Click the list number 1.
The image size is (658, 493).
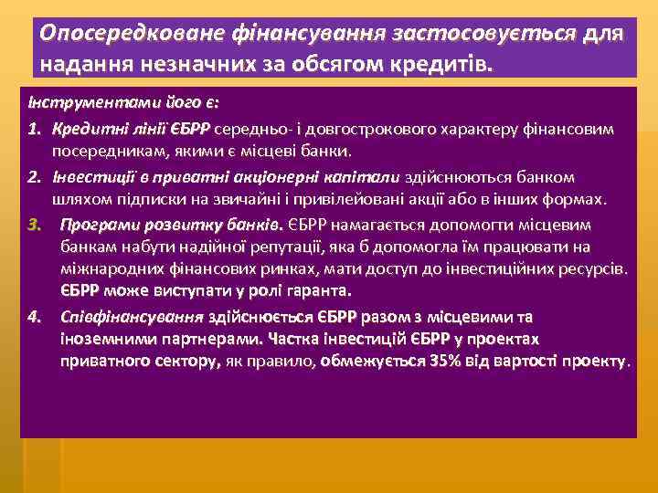pyautogui.click(x=33, y=129)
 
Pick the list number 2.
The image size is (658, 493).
pyautogui.click(x=33, y=176)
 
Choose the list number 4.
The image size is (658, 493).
pyautogui.click(x=33, y=317)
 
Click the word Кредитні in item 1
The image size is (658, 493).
pyautogui.click(x=86, y=129)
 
